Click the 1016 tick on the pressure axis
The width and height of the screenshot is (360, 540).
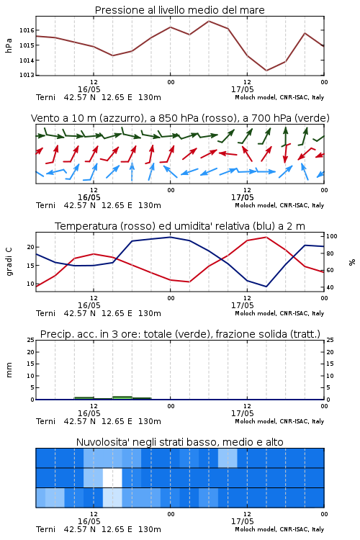(27, 30)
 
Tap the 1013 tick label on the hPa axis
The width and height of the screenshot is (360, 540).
(27, 75)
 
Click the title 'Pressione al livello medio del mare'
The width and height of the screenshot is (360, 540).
(180, 10)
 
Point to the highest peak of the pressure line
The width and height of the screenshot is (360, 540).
(209, 21)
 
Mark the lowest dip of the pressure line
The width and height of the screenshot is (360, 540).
(266, 71)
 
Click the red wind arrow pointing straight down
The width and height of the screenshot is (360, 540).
(285, 154)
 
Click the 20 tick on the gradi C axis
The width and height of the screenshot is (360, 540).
(31, 247)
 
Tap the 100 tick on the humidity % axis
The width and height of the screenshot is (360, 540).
(332, 236)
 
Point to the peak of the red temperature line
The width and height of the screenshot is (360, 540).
(266, 237)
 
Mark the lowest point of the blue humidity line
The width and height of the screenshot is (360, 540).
(266, 287)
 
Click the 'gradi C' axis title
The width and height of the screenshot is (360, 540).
(9, 261)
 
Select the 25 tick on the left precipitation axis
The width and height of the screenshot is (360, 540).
(31, 340)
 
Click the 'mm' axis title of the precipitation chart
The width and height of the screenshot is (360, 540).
(9, 370)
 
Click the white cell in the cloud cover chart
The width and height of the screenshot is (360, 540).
(112, 477)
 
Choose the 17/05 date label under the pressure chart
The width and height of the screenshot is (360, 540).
(243, 89)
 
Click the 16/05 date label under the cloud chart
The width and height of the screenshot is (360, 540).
(89, 521)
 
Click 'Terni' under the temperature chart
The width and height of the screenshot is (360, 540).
(46, 313)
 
